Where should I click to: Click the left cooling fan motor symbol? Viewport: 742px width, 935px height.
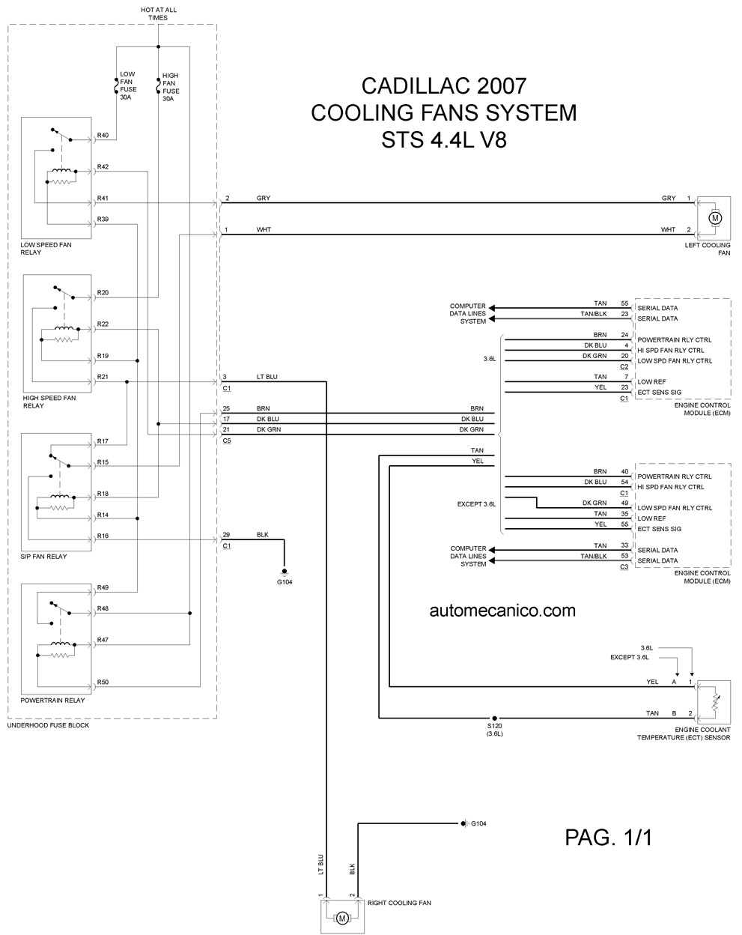[714, 218]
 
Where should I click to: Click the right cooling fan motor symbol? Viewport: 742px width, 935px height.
[341, 918]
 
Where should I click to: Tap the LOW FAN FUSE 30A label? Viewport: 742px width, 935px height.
[128, 85]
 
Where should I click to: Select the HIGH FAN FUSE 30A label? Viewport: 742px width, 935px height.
[171, 87]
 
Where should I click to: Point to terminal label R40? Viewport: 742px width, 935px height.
[103, 135]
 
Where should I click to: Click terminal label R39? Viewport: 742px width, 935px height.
[103, 219]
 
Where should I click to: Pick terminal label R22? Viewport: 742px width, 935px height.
[103, 324]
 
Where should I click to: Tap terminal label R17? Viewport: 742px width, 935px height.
[103, 441]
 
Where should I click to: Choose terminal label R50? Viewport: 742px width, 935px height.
[103, 682]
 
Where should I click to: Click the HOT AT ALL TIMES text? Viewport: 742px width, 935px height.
[159, 13]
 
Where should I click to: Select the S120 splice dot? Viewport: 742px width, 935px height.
[494, 718]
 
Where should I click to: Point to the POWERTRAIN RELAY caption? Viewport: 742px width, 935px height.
[52, 700]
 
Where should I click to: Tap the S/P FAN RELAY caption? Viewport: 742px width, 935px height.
[44, 556]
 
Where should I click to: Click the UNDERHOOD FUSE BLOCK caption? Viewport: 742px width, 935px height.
[48, 725]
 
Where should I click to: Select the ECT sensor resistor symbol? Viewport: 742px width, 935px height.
[714, 703]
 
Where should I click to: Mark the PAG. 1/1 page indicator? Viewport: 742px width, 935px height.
[608, 838]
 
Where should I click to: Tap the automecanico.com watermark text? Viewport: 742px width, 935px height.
[502, 611]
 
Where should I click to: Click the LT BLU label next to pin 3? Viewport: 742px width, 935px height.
[267, 377]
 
